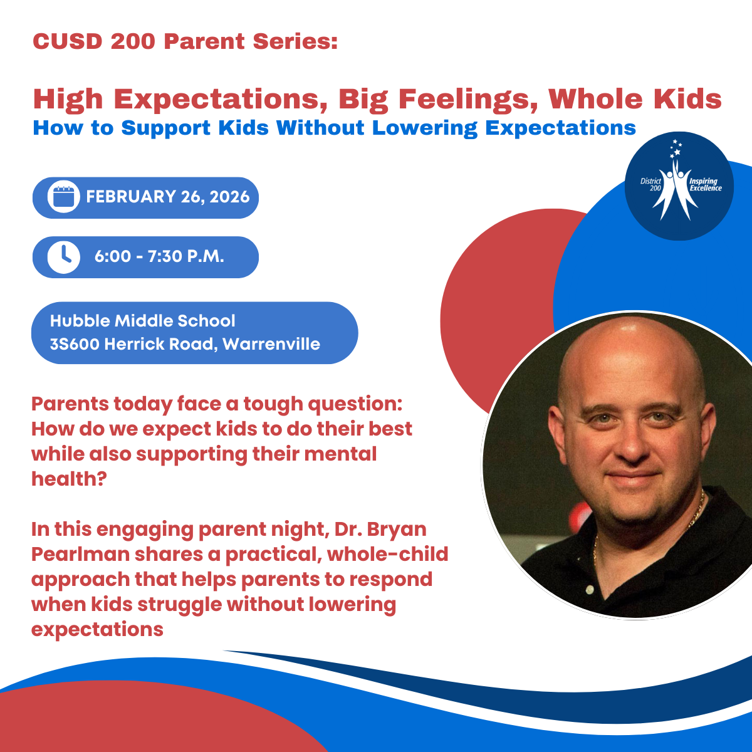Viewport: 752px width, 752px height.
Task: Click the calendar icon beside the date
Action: pos(64,197)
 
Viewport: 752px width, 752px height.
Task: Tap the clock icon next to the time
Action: pos(64,257)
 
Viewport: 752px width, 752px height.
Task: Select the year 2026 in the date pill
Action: pos(229,197)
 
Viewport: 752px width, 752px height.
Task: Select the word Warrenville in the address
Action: pos(271,344)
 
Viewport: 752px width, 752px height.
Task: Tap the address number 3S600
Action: pos(75,344)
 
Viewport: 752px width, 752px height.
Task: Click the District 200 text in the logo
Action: pos(650,185)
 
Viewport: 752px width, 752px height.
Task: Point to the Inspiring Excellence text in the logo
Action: pos(706,185)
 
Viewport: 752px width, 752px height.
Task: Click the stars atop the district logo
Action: pos(676,149)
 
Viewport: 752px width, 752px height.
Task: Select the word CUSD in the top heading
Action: pos(68,41)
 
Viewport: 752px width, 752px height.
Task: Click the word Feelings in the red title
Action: pos(468,100)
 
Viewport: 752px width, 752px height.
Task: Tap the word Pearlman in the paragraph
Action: pos(80,554)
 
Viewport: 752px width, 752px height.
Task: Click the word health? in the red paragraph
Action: pos(69,479)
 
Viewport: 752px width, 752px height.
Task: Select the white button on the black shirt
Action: pos(590,589)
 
